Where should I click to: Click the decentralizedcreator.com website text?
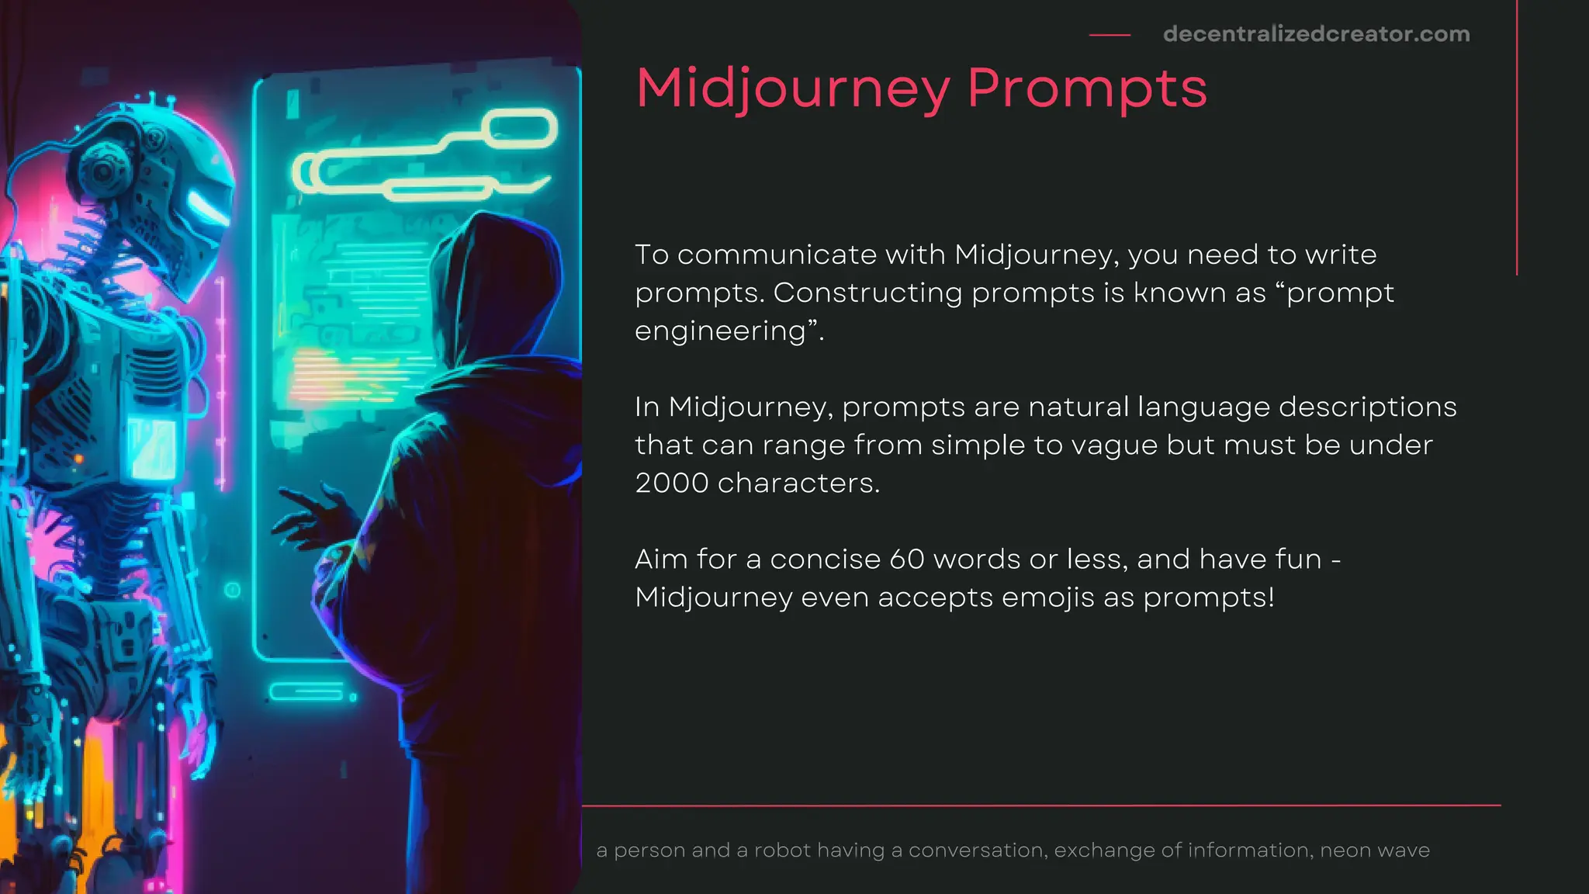point(1316,34)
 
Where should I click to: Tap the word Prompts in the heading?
point(1087,88)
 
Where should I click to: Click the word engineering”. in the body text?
point(729,331)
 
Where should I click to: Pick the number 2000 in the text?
point(671,483)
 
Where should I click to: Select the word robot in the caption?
point(781,851)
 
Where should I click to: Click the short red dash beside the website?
point(1110,35)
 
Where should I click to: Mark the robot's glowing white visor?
point(206,206)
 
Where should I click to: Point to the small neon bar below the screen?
point(306,691)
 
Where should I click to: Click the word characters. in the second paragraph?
point(798,483)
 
